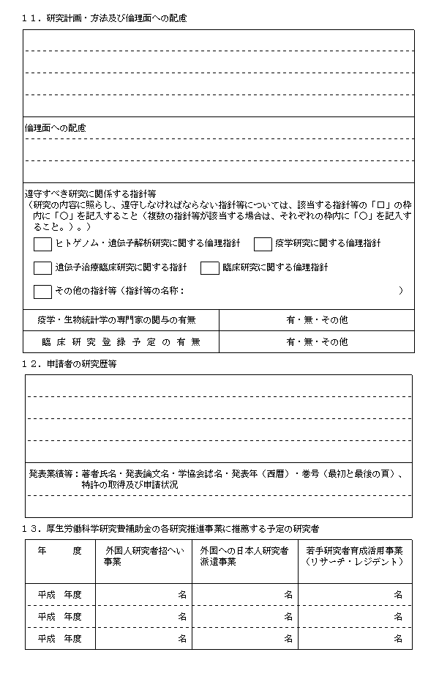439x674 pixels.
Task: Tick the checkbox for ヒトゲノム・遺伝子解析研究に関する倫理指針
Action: coord(42,243)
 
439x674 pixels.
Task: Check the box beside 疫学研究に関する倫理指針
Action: coord(263,243)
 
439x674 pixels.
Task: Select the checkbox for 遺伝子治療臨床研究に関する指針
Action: coord(42,267)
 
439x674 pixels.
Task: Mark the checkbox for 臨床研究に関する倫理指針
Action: coord(209,267)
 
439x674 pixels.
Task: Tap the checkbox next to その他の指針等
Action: coord(42,291)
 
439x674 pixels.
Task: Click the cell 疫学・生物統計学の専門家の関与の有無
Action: coord(117,320)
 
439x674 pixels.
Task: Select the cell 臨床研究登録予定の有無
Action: coord(117,341)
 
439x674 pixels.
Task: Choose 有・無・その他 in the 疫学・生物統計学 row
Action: coord(317,320)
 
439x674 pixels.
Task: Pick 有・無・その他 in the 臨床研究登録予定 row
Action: coord(317,341)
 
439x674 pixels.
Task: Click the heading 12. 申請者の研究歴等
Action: coord(70,363)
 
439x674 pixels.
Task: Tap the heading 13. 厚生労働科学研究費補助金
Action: coord(172,527)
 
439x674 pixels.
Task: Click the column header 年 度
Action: coord(60,551)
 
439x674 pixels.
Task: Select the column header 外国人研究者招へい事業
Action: coord(143,556)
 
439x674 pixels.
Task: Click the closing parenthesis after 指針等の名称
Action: coord(401,291)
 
